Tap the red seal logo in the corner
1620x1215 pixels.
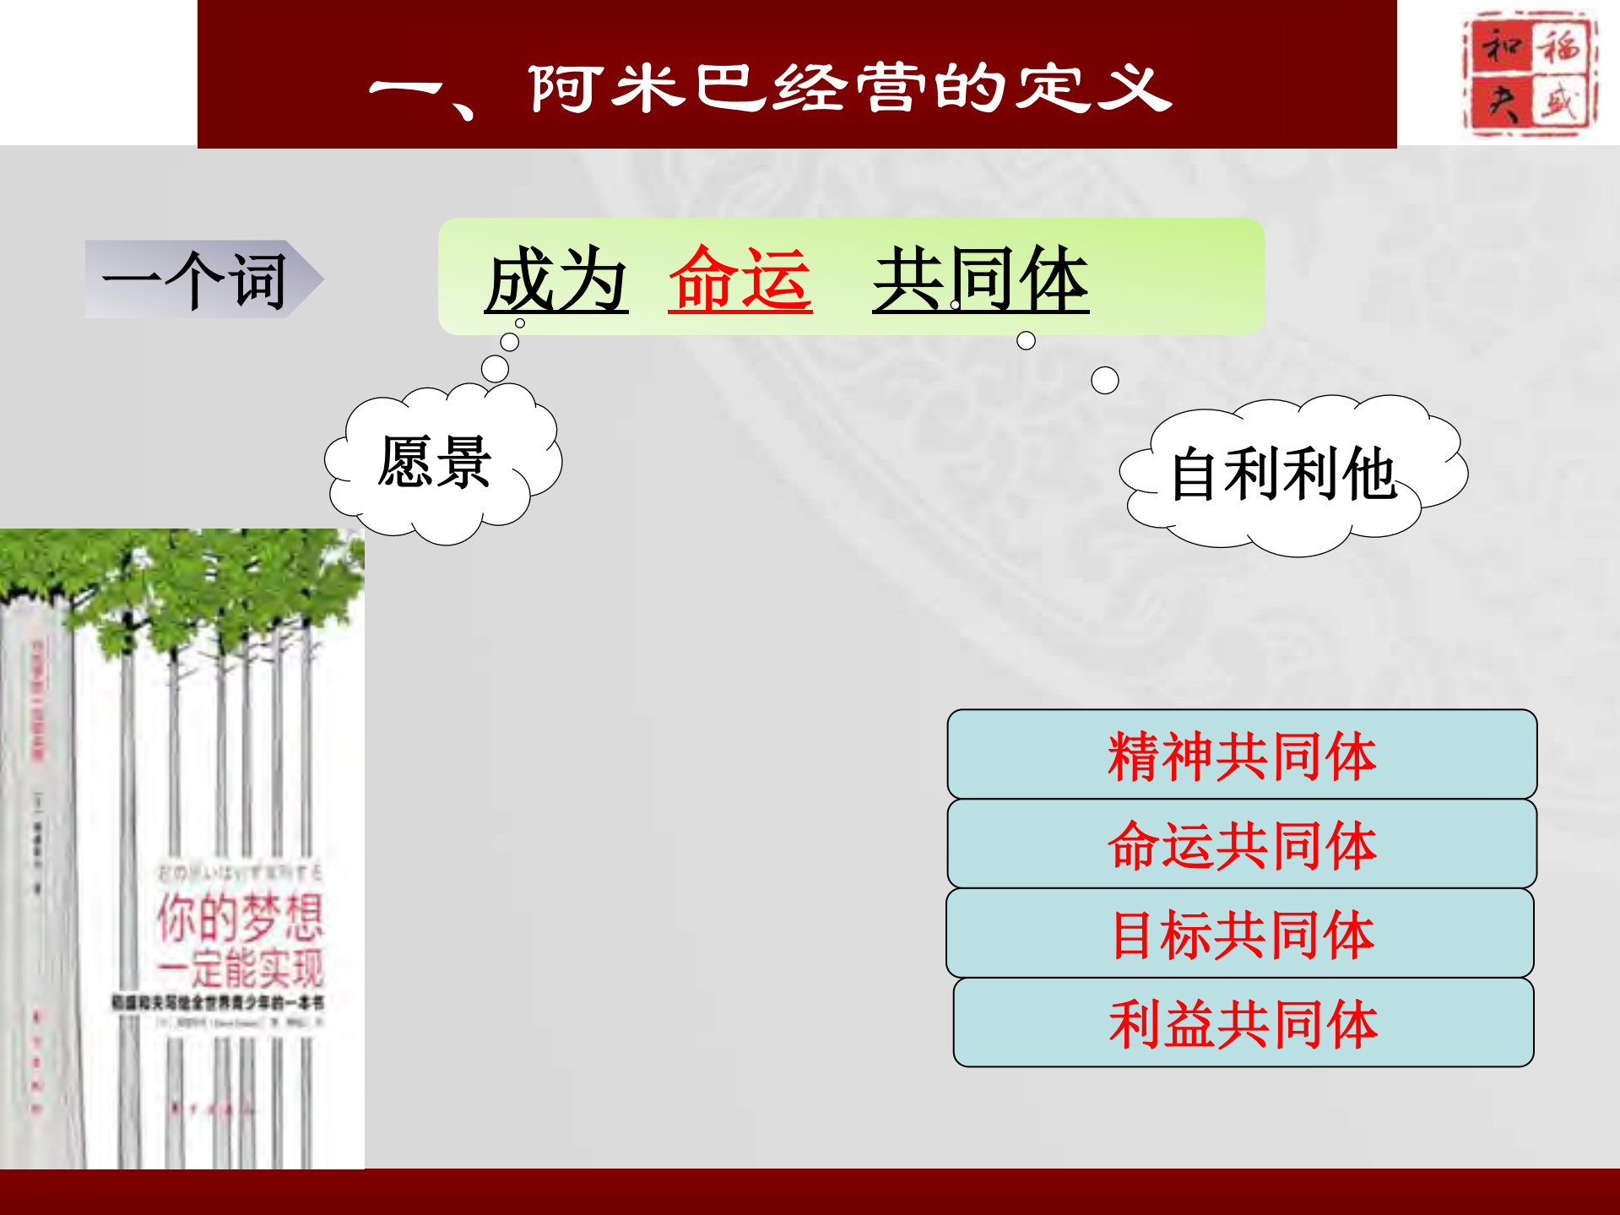pos(1529,73)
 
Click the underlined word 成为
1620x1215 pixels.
pos(555,280)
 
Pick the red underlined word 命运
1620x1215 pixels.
pos(740,280)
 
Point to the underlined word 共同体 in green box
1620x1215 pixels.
pos(980,280)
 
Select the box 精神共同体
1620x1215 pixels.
pos(1241,755)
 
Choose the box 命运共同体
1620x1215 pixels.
pos(1241,844)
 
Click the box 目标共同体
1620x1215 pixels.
pos(1241,934)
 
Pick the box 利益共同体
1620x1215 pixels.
pos(1243,1023)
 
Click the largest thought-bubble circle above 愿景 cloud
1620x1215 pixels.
pos(495,369)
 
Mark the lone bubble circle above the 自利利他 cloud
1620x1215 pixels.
pos(1104,380)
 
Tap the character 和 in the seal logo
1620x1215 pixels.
pos(1501,46)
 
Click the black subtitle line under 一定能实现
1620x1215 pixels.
pos(217,1003)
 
